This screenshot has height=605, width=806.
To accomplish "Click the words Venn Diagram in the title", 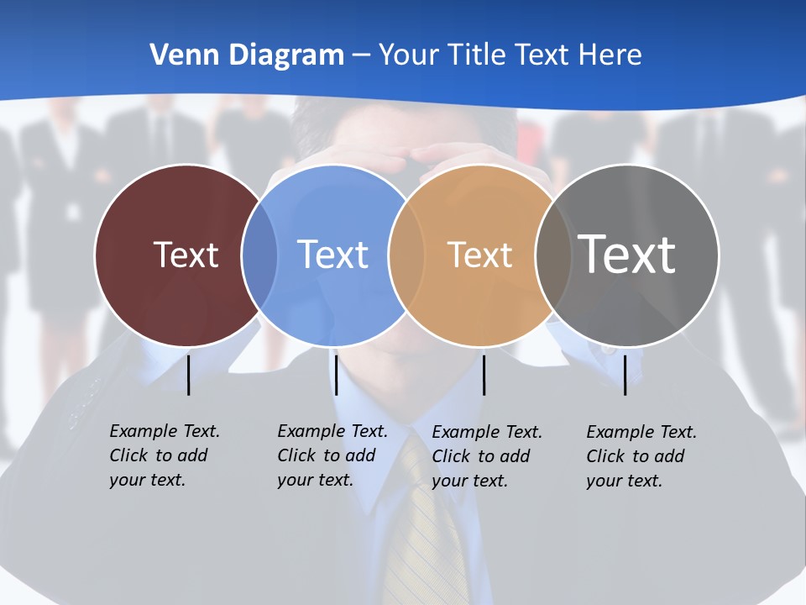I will (247, 55).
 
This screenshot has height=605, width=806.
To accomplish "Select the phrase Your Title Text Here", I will (510, 55).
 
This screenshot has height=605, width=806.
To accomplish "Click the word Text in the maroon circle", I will (186, 255).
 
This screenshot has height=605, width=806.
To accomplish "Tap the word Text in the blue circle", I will (332, 255).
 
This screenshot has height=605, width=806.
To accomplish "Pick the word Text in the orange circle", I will (479, 255).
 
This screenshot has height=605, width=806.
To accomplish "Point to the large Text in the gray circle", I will (626, 254).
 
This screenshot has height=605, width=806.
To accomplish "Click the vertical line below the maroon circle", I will (188, 375).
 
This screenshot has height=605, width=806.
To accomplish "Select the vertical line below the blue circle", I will (336, 375).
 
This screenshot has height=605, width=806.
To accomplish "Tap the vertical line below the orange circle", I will (484, 375).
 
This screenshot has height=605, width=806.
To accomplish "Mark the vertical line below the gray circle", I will (625, 375).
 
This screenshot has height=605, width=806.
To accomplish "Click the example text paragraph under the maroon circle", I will (165, 455).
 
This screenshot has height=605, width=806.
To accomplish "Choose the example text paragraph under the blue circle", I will (332, 455).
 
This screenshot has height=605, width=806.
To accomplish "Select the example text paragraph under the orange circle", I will (487, 456).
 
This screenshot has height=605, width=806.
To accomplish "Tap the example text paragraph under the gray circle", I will (641, 456).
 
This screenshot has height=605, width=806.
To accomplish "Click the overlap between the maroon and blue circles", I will (259, 255).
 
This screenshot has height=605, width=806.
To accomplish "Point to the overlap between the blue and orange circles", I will (406, 255).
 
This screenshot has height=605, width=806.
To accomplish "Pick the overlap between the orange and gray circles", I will (552, 255).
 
